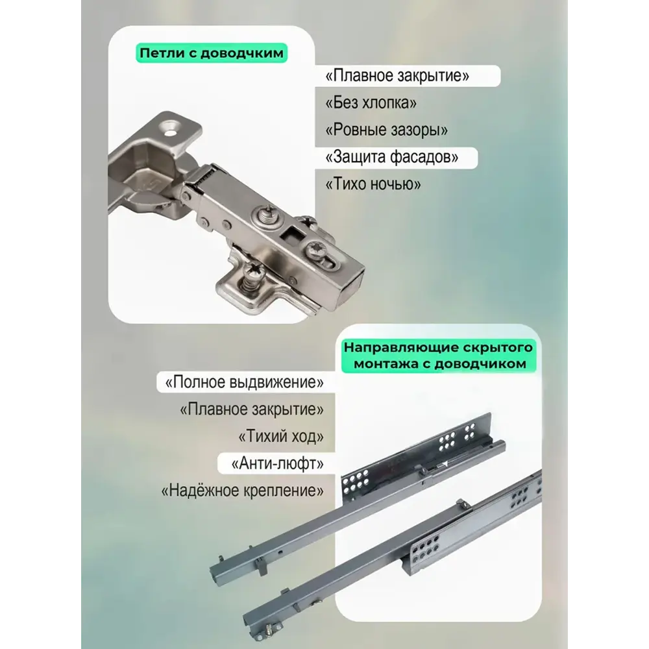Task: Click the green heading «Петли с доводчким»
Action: (x=212, y=53)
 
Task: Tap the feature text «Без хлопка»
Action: (x=371, y=103)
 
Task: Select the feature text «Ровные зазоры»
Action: (x=387, y=130)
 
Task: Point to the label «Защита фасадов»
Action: (x=392, y=157)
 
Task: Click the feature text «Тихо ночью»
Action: (x=373, y=184)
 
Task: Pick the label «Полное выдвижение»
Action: (x=244, y=382)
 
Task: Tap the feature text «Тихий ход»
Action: (x=281, y=436)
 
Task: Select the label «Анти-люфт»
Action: (x=278, y=463)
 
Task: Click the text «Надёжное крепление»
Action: (x=243, y=491)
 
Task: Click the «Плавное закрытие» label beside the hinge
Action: (x=397, y=76)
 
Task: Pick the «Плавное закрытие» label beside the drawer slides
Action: (x=252, y=410)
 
